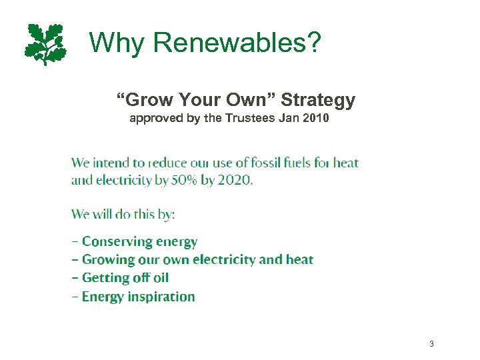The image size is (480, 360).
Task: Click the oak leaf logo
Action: click(x=45, y=44)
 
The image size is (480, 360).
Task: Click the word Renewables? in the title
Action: click(x=237, y=43)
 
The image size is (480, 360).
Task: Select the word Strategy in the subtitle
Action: click(x=318, y=101)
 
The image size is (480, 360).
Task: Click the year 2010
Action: click(x=315, y=119)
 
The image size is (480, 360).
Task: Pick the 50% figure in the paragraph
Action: click(x=187, y=181)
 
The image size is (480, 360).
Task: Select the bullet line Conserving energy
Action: click(x=139, y=242)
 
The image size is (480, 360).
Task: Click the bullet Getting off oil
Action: click(x=125, y=278)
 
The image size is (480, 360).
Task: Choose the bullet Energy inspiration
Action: click(x=138, y=297)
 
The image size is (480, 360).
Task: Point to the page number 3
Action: click(x=431, y=344)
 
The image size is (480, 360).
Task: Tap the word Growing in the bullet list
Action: click(x=110, y=260)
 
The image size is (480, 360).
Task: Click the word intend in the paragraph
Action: click(x=111, y=163)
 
